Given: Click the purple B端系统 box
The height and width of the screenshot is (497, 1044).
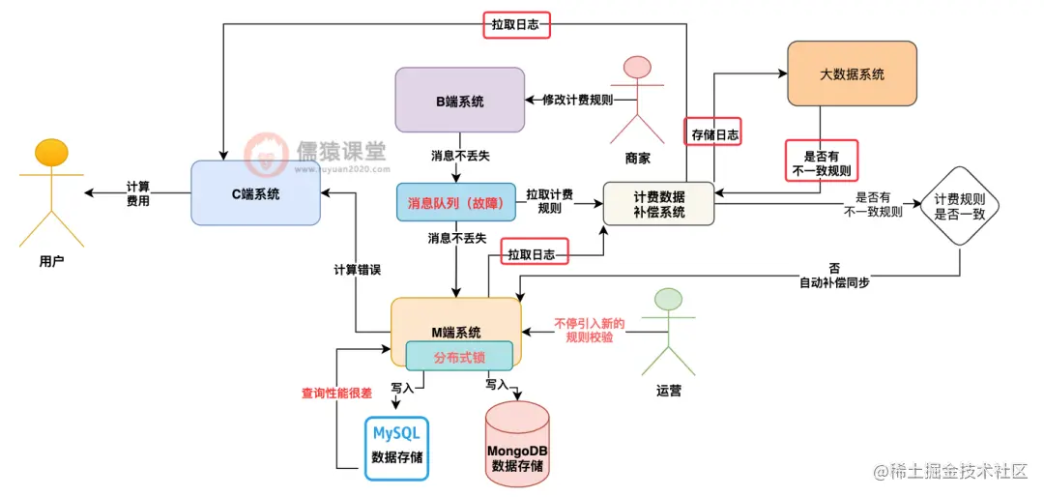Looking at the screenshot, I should tap(460, 101).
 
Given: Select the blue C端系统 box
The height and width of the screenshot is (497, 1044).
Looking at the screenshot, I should tap(255, 193).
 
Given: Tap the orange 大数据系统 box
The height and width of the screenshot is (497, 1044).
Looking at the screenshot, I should tap(852, 73).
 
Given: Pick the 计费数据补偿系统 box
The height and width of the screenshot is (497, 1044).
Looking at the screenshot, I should tap(658, 203).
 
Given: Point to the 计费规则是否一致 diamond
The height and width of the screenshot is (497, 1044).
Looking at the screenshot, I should tap(959, 206).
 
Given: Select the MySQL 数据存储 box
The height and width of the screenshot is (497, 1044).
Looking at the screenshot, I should tap(396, 447).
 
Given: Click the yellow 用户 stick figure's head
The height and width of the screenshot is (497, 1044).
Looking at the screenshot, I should tap(51, 154).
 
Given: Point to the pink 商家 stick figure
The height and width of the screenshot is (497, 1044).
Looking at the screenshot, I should tap(637, 97).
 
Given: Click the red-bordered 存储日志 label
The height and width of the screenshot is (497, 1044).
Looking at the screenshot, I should tap(714, 135).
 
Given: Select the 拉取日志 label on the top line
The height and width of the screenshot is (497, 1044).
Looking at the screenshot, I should tap(516, 24).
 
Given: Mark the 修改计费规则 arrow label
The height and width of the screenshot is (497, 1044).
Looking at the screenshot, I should tap(576, 100).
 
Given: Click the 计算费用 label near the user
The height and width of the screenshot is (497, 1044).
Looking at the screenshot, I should tap(136, 193).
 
